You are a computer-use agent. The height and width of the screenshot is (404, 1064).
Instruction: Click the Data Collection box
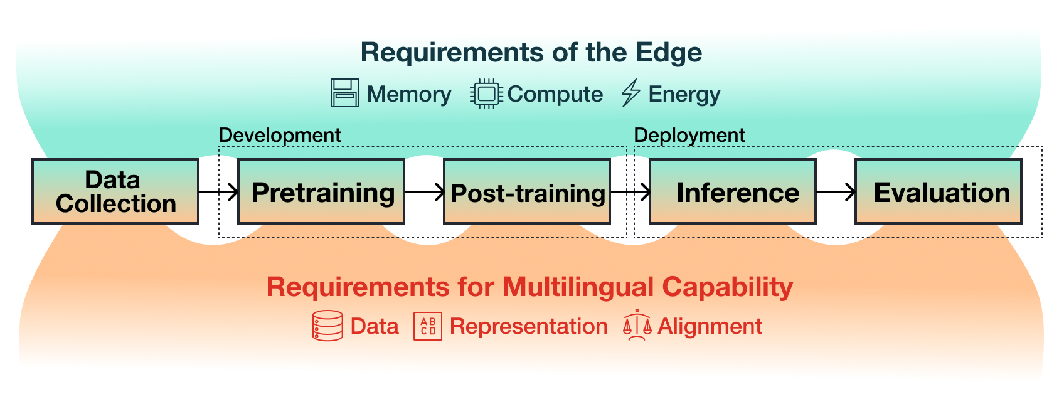[x=115, y=191]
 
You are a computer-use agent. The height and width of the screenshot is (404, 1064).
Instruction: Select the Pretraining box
[x=321, y=191]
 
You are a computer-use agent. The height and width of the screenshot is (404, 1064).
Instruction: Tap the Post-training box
[x=527, y=191]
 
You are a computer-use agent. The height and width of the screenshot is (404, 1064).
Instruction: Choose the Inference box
[x=733, y=191]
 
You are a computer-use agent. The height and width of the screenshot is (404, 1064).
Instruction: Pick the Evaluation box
[x=939, y=191]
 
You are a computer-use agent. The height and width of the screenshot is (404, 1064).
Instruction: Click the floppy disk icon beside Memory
[x=345, y=93]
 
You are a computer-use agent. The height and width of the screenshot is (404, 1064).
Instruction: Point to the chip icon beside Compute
[x=486, y=94]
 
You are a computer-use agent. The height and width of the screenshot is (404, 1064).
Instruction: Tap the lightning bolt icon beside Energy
[x=630, y=93]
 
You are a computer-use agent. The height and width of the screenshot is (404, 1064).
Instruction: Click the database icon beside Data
[x=327, y=326]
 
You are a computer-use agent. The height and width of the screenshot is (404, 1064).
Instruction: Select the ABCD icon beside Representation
[x=428, y=326]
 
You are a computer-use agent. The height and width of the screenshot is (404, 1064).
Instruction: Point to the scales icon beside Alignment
[x=637, y=325]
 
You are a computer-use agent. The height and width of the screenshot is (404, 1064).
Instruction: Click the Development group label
[x=280, y=135]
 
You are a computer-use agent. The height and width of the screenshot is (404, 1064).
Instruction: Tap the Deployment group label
[x=689, y=135]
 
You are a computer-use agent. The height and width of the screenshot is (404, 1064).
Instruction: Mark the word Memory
[x=409, y=94]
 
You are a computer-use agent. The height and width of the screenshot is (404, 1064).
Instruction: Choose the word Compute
[x=555, y=94]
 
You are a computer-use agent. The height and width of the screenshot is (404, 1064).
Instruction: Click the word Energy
[x=684, y=94]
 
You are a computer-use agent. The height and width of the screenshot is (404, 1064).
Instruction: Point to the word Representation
[x=529, y=326]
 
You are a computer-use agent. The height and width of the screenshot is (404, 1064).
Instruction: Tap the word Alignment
[x=710, y=326]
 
